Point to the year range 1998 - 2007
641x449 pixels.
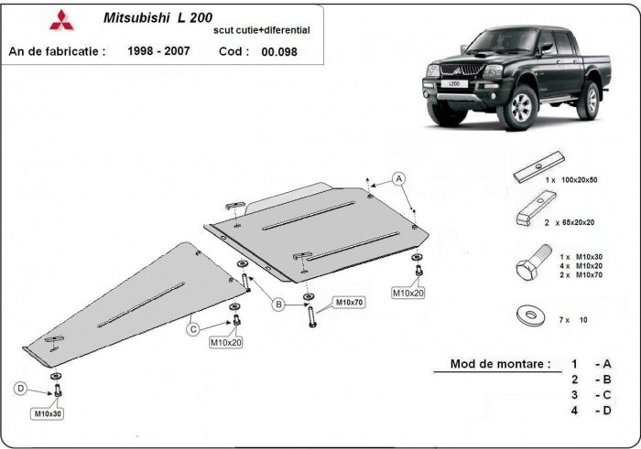(158, 51)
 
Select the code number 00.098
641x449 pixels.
(279, 52)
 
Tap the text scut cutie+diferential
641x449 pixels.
(261, 30)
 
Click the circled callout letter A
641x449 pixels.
(399, 177)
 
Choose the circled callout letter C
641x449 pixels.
(193, 328)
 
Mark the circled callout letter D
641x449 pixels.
(20, 390)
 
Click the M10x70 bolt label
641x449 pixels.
(348, 302)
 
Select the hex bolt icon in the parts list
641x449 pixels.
(531, 264)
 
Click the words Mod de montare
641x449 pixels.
(500, 363)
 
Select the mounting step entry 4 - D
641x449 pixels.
(591, 410)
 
